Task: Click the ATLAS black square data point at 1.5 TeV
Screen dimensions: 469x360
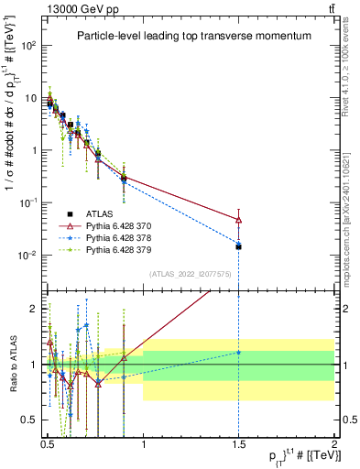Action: pos(238,246)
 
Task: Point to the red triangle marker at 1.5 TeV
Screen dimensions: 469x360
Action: pos(238,220)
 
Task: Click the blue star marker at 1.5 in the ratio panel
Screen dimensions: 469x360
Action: pos(238,353)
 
